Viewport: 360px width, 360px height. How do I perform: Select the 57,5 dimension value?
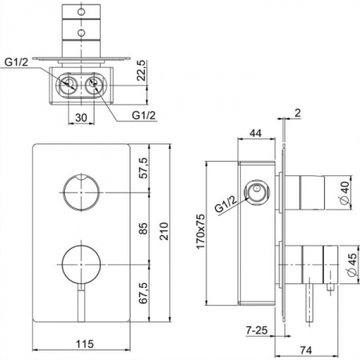click(143, 168)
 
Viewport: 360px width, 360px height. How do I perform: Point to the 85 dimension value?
click(143, 229)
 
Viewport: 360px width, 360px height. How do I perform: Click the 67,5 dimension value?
click(143, 293)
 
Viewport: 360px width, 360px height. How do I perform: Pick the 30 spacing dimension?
click(81, 118)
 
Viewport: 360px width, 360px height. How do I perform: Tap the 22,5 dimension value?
click(142, 70)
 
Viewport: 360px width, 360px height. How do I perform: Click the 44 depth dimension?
click(255, 133)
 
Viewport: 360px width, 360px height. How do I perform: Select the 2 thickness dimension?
click(298, 113)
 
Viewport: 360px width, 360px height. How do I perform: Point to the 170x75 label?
click(201, 231)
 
